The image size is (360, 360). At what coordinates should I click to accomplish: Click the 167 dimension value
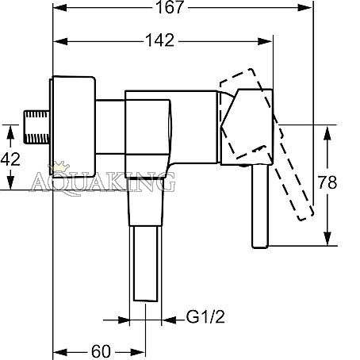(x=170, y=7)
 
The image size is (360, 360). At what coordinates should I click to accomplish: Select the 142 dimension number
(x=160, y=40)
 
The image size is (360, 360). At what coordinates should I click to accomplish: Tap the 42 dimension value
(x=10, y=159)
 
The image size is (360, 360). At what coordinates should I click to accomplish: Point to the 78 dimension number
(x=327, y=182)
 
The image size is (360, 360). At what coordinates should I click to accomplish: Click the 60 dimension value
(x=101, y=352)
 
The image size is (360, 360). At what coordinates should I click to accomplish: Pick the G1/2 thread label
(x=205, y=316)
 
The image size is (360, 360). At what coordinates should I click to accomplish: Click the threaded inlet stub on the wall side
(x=36, y=127)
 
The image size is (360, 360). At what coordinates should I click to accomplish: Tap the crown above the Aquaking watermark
(x=59, y=167)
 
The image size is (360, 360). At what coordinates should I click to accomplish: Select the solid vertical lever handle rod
(x=260, y=206)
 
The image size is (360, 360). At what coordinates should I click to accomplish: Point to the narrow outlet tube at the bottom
(x=146, y=263)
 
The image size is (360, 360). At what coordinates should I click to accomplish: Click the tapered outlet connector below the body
(x=146, y=201)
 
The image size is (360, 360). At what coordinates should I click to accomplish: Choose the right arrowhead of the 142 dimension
(x=265, y=41)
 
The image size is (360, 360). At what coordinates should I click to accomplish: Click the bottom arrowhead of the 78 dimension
(x=327, y=239)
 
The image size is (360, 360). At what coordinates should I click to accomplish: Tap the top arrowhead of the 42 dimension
(x=10, y=132)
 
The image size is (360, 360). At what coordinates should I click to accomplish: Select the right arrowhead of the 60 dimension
(x=138, y=352)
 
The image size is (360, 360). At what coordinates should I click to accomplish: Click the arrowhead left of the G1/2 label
(x=169, y=320)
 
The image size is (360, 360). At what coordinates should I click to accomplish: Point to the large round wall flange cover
(x=72, y=127)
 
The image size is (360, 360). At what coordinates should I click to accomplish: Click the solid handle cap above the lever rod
(x=247, y=127)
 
